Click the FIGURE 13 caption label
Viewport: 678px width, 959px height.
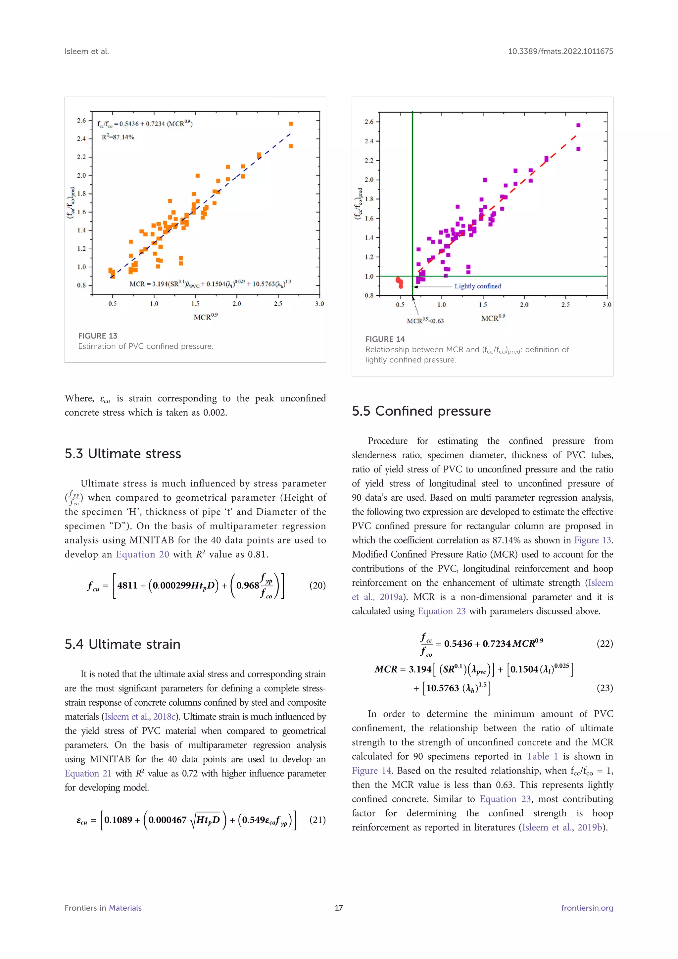[x=98, y=336]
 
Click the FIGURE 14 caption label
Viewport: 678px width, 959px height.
[x=385, y=339]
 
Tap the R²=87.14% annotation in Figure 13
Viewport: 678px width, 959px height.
[x=118, y=137]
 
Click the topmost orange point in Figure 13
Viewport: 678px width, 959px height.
[x=291, y=124]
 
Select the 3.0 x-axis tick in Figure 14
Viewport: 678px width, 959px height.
[x=606, y=305]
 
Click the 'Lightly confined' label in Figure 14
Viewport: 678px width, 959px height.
[x=478, y=286]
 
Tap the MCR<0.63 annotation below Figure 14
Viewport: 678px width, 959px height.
[x=425, y=321]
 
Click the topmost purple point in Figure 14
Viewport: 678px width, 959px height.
[x=578, y=125]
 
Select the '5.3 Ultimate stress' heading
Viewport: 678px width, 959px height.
[x=123, y=454]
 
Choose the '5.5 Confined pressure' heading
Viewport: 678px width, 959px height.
[x=421, y=411]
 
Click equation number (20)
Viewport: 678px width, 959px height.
[x=317, y=585]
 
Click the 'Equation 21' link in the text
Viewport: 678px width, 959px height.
[x=88, y=773]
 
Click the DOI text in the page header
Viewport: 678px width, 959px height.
[x=560, y=51]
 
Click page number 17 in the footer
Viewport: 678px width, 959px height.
[x=339, y=908]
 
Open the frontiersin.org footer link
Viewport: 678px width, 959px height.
[x=587, y=908]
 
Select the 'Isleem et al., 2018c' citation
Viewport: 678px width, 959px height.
[x=140, y=717]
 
